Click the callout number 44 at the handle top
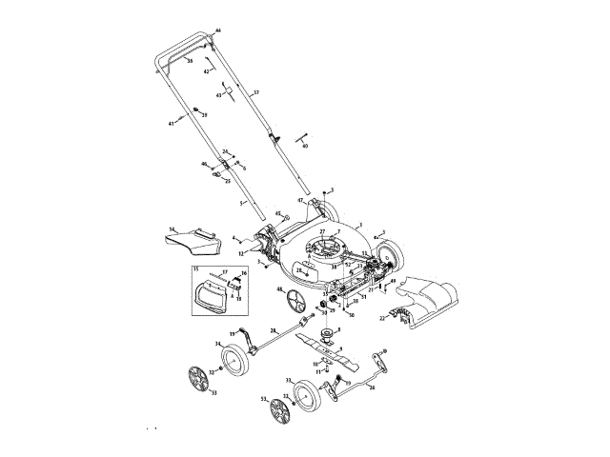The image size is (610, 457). pos(217,31)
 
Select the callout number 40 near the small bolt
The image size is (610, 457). pos(306,146)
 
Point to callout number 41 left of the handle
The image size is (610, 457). pos(173,124)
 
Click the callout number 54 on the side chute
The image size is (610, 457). pos(172,229)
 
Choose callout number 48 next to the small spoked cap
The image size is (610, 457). pos(280,289)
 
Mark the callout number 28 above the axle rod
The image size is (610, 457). pos(274,328)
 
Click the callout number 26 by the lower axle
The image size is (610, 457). pos(372,387)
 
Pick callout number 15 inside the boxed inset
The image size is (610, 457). pos(195,283)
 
